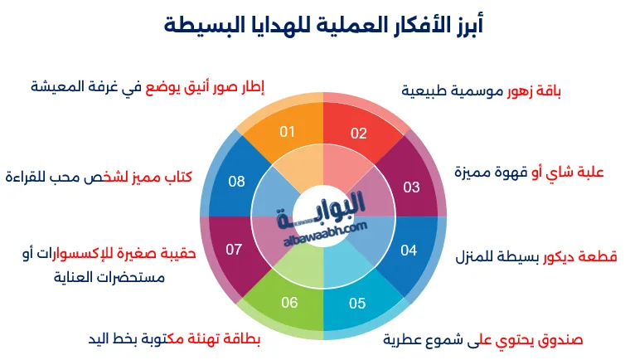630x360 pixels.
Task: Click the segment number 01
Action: point(287,131)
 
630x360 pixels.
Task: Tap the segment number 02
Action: point(358,133)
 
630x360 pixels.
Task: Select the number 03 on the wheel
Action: point(411,187)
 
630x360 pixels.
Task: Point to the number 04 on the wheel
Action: point(409,250)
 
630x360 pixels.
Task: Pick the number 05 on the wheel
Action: point(357,303)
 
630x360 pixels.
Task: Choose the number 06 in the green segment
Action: point(288,303)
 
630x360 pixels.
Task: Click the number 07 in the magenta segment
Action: point(234,249)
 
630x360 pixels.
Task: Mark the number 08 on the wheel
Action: point(236,181)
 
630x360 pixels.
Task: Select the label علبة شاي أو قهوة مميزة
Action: point(528,172)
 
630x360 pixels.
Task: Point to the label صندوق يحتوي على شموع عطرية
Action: point(483,339)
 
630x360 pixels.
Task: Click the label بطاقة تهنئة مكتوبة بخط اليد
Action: point(174,339)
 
